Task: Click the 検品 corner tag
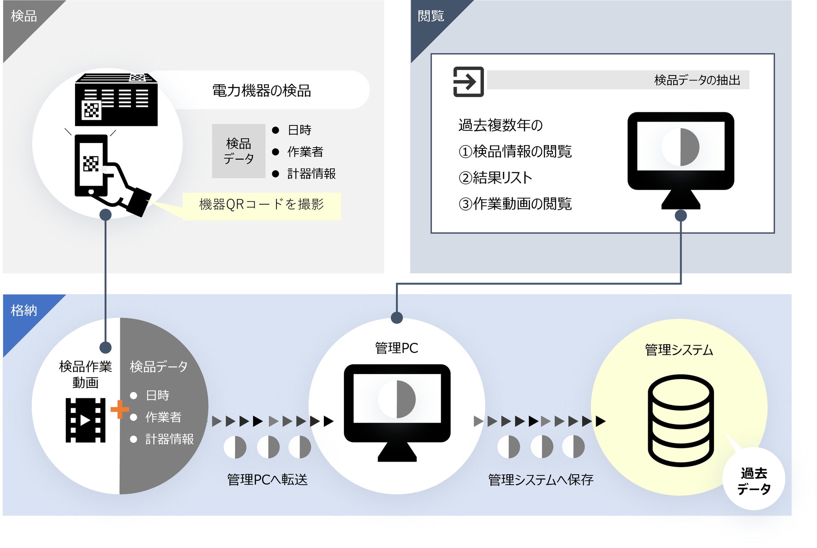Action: [24, 17]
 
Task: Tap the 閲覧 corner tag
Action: [431, 17]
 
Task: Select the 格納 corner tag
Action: [24, 311]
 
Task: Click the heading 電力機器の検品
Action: [261, 91]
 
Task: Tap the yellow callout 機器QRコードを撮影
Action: [261, 205]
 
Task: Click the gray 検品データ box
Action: [238, 151]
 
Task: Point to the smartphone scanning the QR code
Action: [91, 166]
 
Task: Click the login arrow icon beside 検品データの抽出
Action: [468, 82]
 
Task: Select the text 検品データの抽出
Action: [697, 80]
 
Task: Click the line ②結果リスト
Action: [495, 178]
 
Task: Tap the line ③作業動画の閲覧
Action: [515, 204]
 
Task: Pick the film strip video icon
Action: [85, 420]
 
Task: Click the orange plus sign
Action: [119, 409]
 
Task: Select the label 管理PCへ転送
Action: [267, 479]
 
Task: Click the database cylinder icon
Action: [680, 420]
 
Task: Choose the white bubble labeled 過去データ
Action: [754, 480]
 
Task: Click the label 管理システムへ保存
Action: [540, 480]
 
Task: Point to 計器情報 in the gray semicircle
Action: [169, 439]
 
